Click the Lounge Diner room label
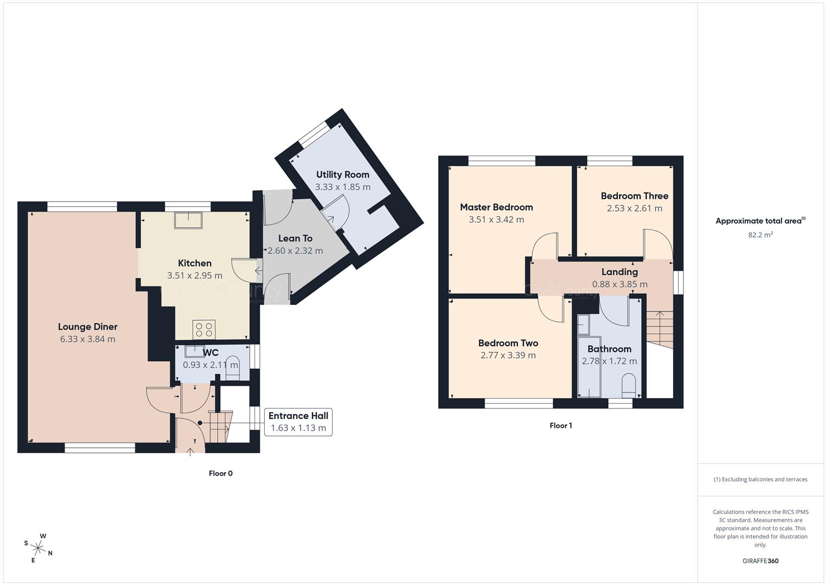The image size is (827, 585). click(x=88, y=327)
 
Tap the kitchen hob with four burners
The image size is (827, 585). click(x=204, y=330)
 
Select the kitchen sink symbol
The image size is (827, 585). click(x=188, y=220)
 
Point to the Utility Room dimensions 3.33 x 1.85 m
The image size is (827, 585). click(x=343, y=187)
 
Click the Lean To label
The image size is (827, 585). click(x=295, y=238)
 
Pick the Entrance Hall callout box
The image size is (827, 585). click(x=298, y=422)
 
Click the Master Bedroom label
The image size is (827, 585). click(x=496, y=207)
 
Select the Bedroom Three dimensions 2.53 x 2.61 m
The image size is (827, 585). click(x=634, y=209)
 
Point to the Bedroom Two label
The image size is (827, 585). click(x=508, y=343)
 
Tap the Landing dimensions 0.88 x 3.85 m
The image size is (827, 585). click(x=620, y=284)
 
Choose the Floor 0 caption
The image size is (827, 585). click(x=220, y=473)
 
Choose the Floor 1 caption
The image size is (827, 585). click(x=561, y=426)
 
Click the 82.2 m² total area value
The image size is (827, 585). click(x=760, y=235)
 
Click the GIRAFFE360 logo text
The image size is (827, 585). click(x=760, y=561)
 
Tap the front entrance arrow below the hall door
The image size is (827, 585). click(x=191, y=451)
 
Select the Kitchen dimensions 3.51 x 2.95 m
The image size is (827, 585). click(x=194, y=276)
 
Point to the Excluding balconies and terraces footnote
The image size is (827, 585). click(x=760, y=479)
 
